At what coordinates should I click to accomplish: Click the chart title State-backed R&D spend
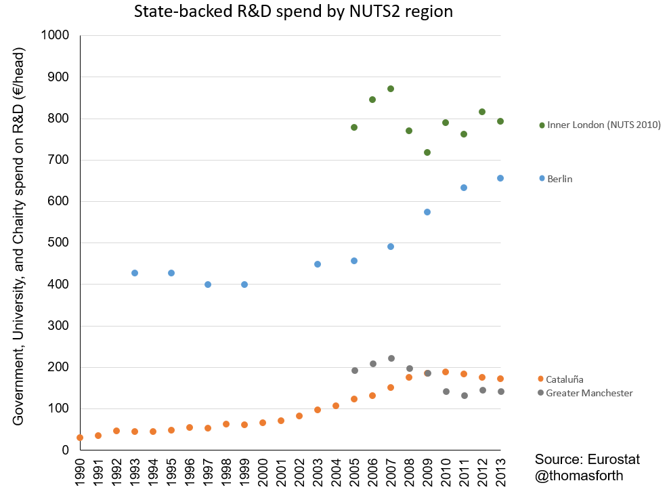point(293,11)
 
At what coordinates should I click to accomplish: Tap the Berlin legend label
point(559,179)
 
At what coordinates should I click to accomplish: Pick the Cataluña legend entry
point(564,379)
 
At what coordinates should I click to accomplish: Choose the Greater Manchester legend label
point(589,393)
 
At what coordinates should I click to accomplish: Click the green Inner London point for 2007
point(391,89)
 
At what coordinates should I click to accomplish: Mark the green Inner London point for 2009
point(427,152)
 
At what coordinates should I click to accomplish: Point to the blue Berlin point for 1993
point(135,273)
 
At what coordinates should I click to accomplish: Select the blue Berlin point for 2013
point(500,178)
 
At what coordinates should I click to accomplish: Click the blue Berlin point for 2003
point(318,264)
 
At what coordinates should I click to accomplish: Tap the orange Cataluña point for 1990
point(80,438)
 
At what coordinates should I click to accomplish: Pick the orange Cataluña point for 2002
point(299,416)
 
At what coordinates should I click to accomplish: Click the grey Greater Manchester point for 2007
point(391,358)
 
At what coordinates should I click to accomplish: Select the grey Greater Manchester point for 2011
point(465,396)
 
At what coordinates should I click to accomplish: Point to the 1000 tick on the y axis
point(55,35)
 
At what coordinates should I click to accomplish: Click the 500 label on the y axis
point(58,243)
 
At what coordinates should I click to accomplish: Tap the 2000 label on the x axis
point(263,472)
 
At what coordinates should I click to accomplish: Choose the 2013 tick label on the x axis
point(500,472)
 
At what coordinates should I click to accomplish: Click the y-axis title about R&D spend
point(18,236)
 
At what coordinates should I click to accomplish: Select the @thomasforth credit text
point(579,476)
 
